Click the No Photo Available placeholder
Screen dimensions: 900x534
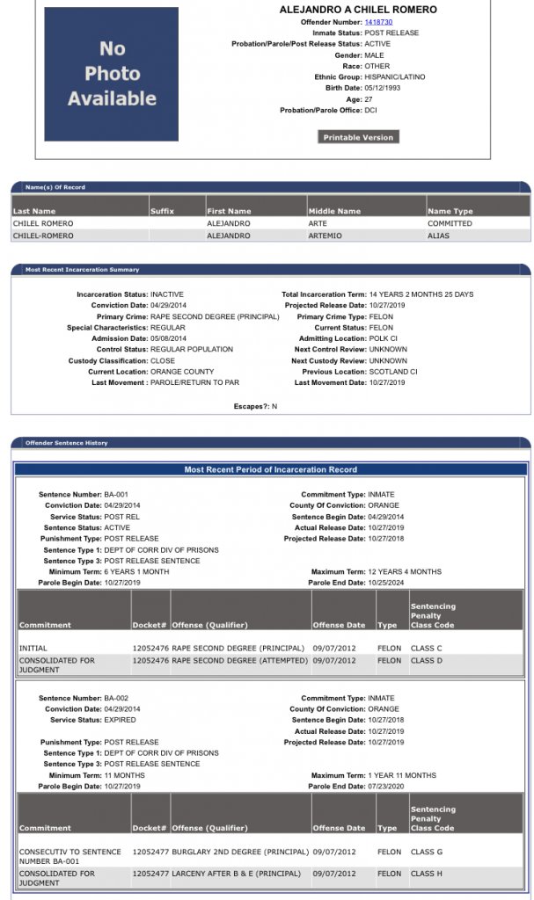(x=112, y=74)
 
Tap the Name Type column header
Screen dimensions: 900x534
(x=450, y=211)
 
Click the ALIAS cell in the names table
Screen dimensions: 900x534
(x=438, y=236)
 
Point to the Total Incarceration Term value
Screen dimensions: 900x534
(x=421, y=294)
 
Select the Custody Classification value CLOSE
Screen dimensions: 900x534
(x=163, y=360)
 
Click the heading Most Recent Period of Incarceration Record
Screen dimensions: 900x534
(x=270, y=469)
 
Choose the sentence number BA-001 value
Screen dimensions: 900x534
(x=116, y=495)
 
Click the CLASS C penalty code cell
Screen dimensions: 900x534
(x=428, y=649)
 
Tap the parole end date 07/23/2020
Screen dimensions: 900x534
(x=388, y=786)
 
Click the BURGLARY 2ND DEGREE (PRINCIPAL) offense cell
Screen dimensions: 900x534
(x=240, y=852)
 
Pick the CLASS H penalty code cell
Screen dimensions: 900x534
(x=428, y=874)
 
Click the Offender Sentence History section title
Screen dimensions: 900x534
(x=67, y=443)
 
